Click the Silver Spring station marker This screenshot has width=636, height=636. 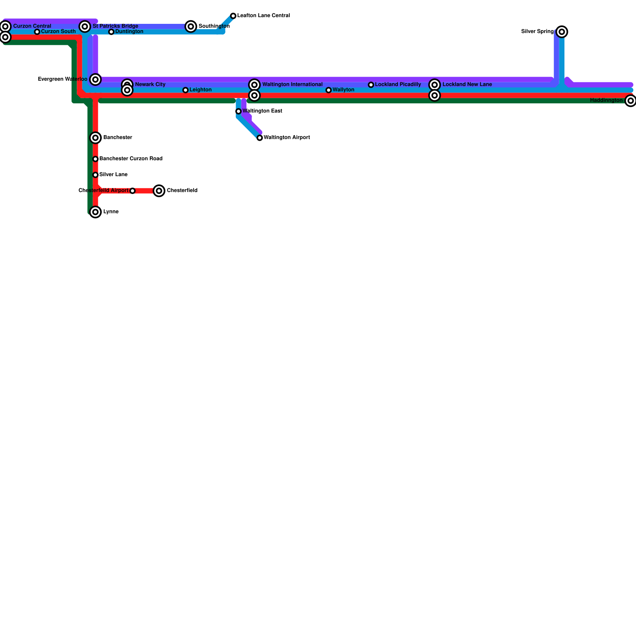tap(562, 32)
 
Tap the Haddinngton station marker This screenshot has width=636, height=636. tap(630, 101)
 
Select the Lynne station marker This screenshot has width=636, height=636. tap(95, 212)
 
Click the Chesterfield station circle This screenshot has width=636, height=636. tap(159, 191)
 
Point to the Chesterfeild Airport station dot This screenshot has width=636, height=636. tap(133, 191)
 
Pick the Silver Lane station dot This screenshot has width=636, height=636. tap(95, 175)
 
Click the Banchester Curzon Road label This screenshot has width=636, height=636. tap(131, 159)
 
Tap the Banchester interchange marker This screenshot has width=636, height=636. tap(95, 138)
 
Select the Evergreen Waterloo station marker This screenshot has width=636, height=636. tap(95, 79)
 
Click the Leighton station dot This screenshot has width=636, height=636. tap(186, 90)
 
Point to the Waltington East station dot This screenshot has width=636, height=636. tap(238, 111)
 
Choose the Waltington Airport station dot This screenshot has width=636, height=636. tap(260, 138)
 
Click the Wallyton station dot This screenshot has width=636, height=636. tap(329, 90)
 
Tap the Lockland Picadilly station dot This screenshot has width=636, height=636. tap(371, 85)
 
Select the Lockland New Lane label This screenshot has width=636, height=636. tap(467, 85)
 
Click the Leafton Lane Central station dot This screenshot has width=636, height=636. tap(233, 16)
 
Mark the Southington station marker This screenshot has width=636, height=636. tap(191, 27)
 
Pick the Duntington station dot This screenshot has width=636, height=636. tap(111, 32)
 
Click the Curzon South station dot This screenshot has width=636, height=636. tap(37, 32)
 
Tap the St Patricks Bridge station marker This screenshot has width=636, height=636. tap(85, 27)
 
